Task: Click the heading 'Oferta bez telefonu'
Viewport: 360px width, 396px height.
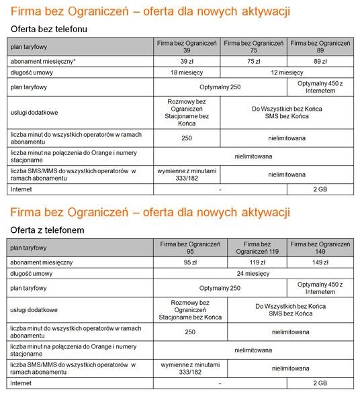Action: (x=49, y=30)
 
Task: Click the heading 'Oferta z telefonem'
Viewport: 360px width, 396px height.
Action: (x=47, y=230)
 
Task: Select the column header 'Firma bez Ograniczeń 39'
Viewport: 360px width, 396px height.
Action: (x=187, y=46)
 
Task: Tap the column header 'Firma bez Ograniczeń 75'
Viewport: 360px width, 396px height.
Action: (x=254, y=46)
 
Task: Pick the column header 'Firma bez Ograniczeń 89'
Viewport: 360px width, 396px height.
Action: (x=320, y=46)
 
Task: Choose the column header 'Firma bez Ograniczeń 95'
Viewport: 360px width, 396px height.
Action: (x=190, y=246)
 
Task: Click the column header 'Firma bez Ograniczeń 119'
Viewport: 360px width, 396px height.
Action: (x=261, y=246)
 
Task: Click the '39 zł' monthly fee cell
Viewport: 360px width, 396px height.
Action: (x=187, y=60)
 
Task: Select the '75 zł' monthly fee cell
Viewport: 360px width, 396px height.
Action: (x=254, y=60)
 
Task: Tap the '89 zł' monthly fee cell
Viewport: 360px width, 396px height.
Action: (x=320, y=60)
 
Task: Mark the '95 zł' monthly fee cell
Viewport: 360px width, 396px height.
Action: (x=190, y=261)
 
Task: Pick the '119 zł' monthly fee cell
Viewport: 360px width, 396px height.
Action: (x=261, y=261)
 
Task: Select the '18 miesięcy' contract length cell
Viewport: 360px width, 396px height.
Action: (x=187, y=72)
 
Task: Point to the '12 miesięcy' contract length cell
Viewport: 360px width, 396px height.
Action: (x=287, y=72)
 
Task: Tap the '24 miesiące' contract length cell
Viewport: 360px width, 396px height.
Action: (x=253, y=273)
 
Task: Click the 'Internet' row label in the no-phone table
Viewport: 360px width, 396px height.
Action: (x=21, y=189)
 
